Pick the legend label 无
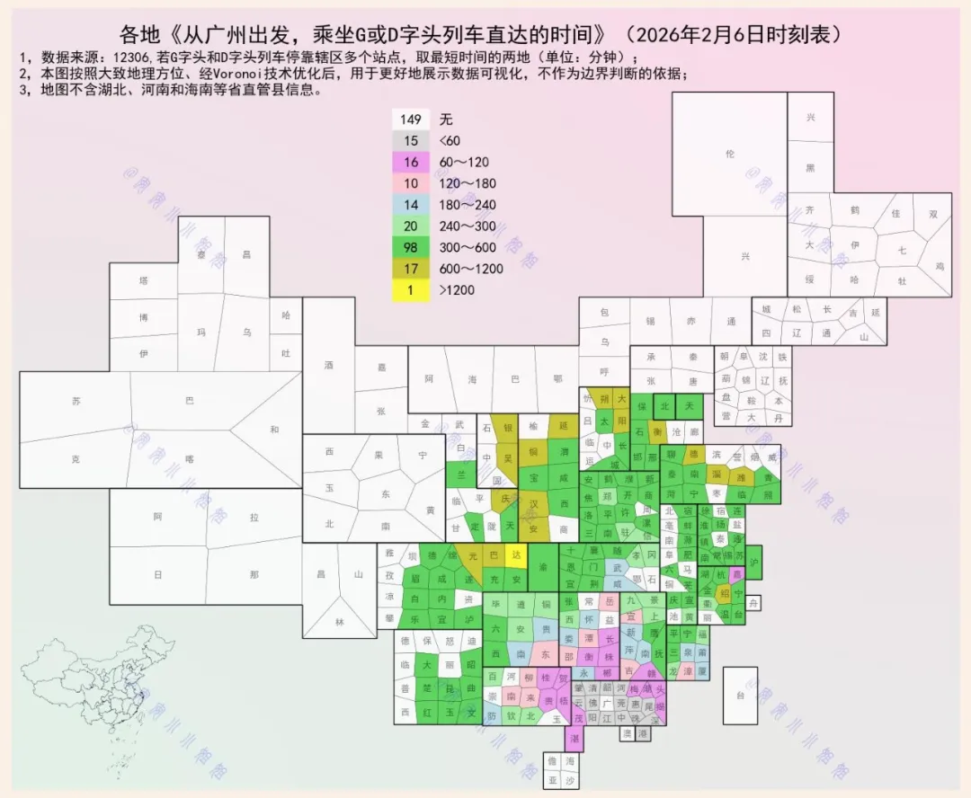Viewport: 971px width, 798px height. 446,120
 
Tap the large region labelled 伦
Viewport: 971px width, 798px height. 729,155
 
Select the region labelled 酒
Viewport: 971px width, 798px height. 328,366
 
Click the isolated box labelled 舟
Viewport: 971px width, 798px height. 754,602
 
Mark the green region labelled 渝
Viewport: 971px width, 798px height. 542,568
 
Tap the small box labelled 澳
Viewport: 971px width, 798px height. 627,734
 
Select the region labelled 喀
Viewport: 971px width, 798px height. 189,458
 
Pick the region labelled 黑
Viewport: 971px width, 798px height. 810,168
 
